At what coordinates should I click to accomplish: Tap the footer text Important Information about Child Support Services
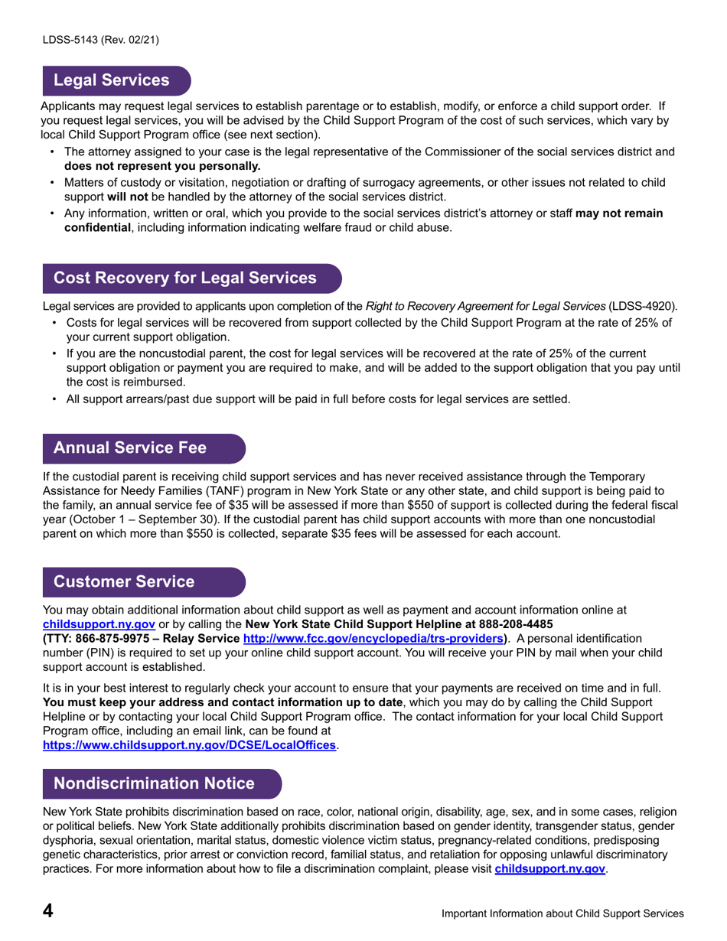coord(562,913)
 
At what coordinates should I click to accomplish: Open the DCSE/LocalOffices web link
coord(189,745)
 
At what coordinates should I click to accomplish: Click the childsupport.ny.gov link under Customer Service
coord(99,624)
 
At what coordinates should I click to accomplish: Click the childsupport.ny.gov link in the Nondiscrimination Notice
coord(550,869)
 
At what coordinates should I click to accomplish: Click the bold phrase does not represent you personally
coord(162,165)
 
